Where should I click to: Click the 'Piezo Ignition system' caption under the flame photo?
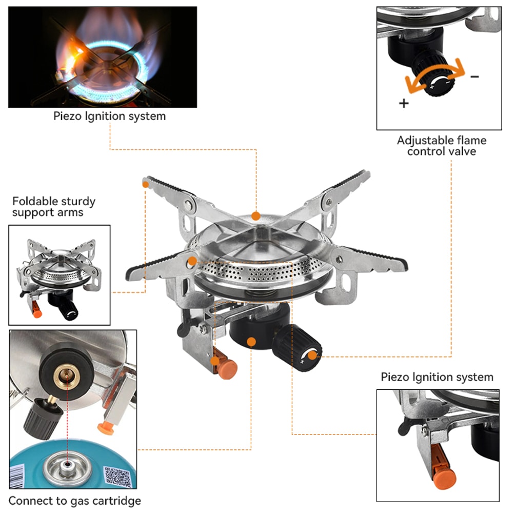109,116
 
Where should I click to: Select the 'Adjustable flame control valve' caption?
441,146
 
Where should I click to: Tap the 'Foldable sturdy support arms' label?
54,207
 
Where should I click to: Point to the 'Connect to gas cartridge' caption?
75,500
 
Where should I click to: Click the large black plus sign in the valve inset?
404,103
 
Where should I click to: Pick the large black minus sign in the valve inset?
475,77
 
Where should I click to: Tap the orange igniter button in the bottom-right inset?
443,478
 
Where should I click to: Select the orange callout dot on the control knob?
312,354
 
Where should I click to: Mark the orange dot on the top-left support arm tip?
146,183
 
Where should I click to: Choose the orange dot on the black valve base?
251,342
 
